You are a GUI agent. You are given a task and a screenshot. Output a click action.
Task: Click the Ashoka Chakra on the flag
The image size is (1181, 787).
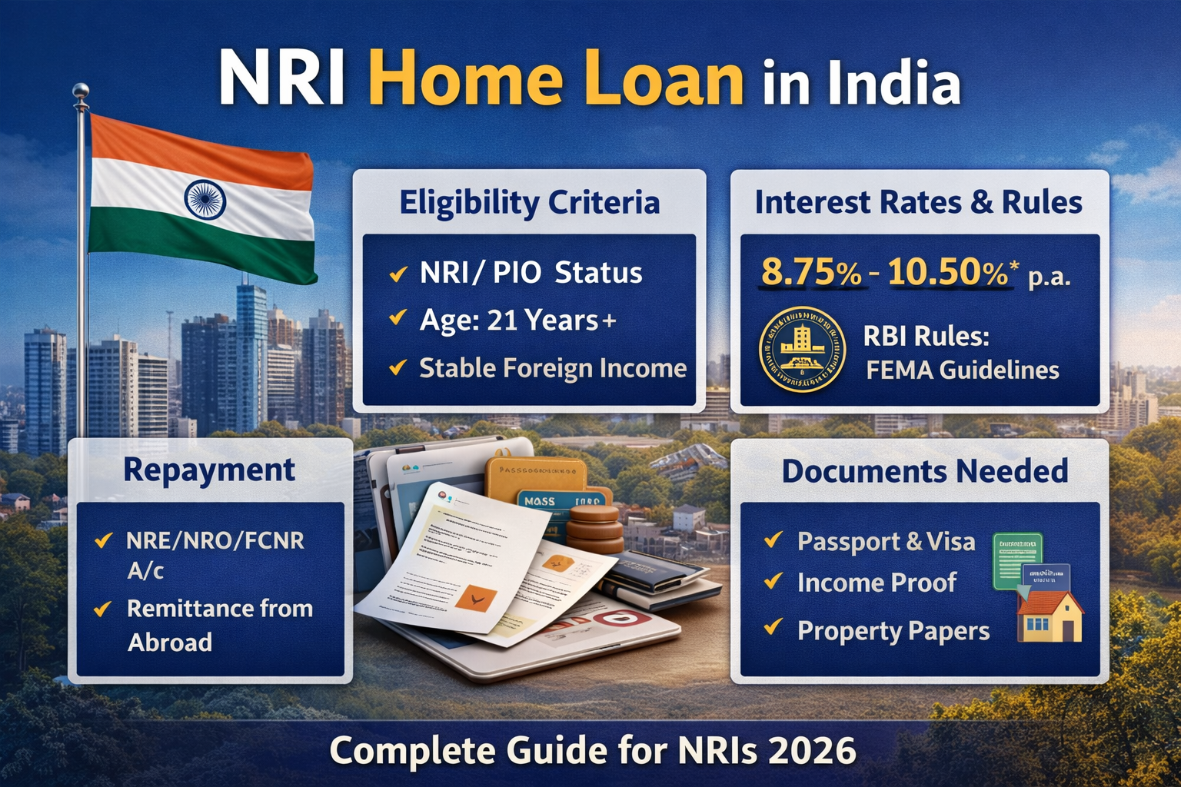pyautogui.click(x=205, y=198)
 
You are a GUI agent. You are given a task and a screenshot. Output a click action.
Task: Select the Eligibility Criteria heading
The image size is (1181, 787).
pyautogui.click(x=529, y=203)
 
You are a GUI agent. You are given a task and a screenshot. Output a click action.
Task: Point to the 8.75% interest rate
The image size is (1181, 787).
pyautogui.click(x=810, y=272)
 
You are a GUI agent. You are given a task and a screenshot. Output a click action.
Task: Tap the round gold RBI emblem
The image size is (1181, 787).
pyautogui.click(x=802, y=350)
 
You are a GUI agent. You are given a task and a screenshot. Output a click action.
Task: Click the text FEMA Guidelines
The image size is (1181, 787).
pyautogui.click(x=963, y=370)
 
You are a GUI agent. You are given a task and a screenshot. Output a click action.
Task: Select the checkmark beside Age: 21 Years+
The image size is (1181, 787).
pyautogui.click(x=398, y=317)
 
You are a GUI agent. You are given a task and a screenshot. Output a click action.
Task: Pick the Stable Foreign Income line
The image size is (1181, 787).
pyautogui.click(x=552, y=369)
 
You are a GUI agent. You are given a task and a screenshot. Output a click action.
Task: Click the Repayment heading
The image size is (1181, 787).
pyautogui.click(x=209, y=470)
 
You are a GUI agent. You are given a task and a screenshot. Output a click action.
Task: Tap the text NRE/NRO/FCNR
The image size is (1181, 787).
pyautogui.click(x=215, y=540)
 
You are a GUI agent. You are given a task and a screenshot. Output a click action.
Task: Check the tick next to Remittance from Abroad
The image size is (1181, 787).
pyautogui.click(x=102, y=609)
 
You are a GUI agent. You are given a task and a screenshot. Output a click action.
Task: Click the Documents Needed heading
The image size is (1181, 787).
pyautogui.click(x=924, y=471)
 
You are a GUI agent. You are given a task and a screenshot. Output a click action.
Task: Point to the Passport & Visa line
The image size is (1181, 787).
pyautogui.click(x=886, y=542)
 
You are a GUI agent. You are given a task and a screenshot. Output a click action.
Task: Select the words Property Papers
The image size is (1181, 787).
pyautogui.click(x=893, y=631)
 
